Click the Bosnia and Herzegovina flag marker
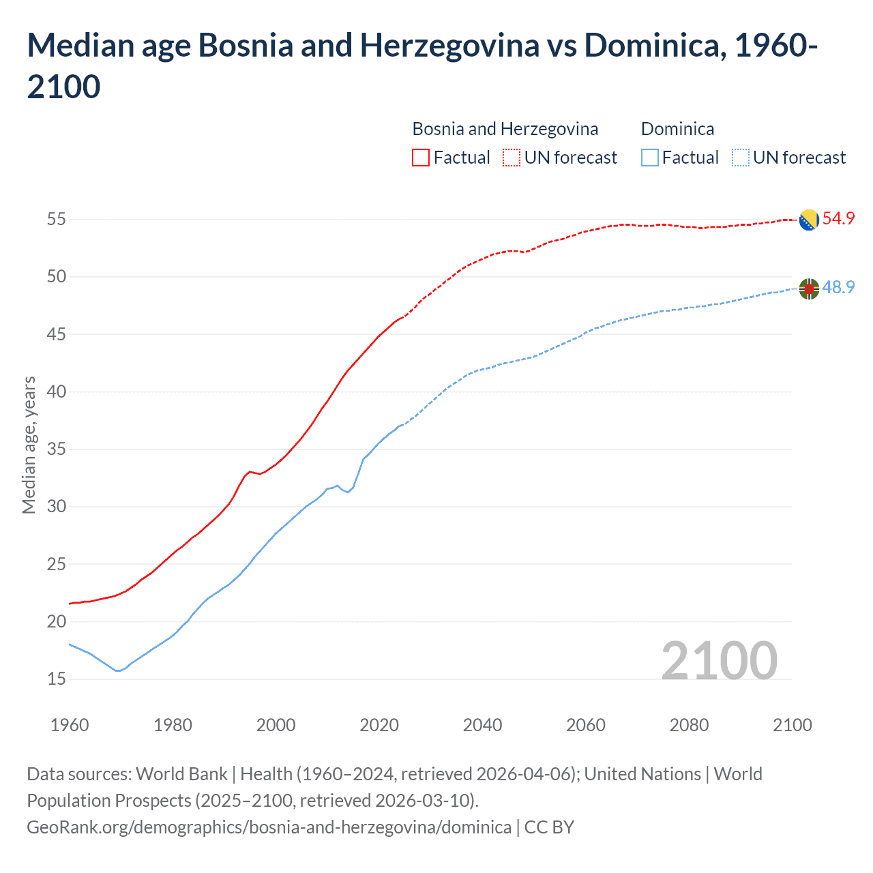809,220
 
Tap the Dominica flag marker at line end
809,288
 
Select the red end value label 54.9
838,219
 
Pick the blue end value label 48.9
838,288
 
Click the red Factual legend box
421,158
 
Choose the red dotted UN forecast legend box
512,158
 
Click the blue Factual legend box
650,158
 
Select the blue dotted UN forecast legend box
740,158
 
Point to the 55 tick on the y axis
56,220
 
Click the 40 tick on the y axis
56,391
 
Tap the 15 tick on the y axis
56,679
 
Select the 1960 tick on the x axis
70,725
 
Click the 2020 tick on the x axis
379,725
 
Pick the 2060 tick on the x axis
586,725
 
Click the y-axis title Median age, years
29,445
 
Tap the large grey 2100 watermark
719,660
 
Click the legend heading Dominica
677,129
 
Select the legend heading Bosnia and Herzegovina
505,129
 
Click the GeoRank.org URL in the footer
269,827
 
